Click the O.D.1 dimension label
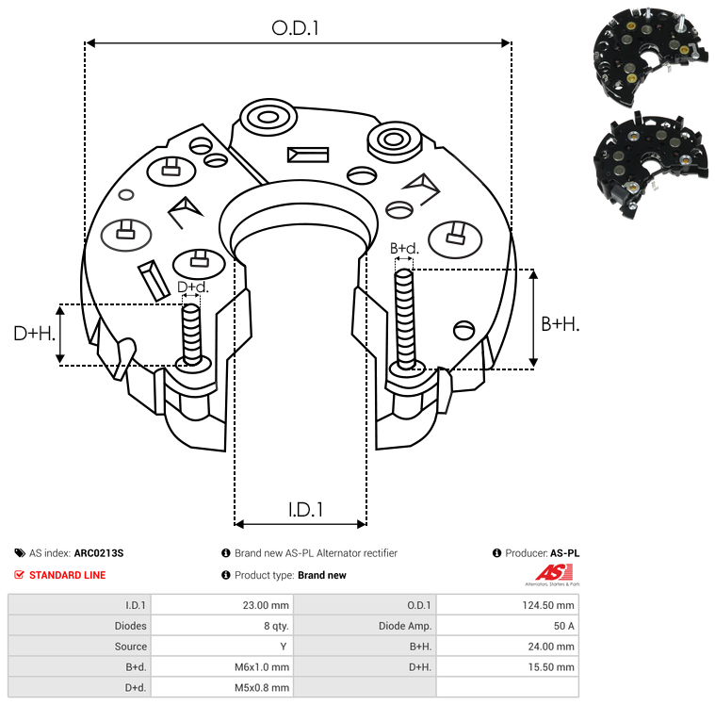click(x=296, y=28)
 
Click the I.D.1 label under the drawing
click(x=305, y=510)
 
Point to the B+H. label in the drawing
click(x=560, y=323)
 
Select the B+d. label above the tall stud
click(x=404, y=249)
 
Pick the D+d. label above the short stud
click(x=192, y=287)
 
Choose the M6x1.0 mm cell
click(x=261, y=667)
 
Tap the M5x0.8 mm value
click(x=261, y=688)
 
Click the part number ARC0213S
click(x=99, y=553)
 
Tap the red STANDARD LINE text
click(x=67, y=575)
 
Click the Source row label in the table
click(x=131, y=647)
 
